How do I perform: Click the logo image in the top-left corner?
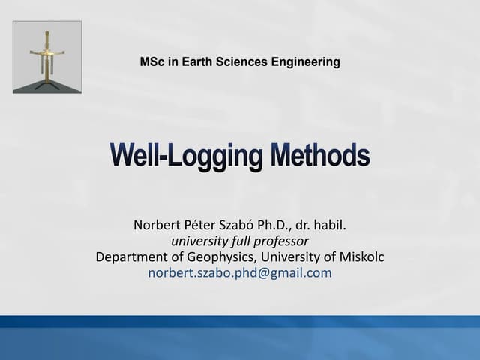point(47,57)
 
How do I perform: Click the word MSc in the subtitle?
point(152,61)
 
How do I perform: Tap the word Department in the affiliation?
point(133,256)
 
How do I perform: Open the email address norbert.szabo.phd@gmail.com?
point(240,272)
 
